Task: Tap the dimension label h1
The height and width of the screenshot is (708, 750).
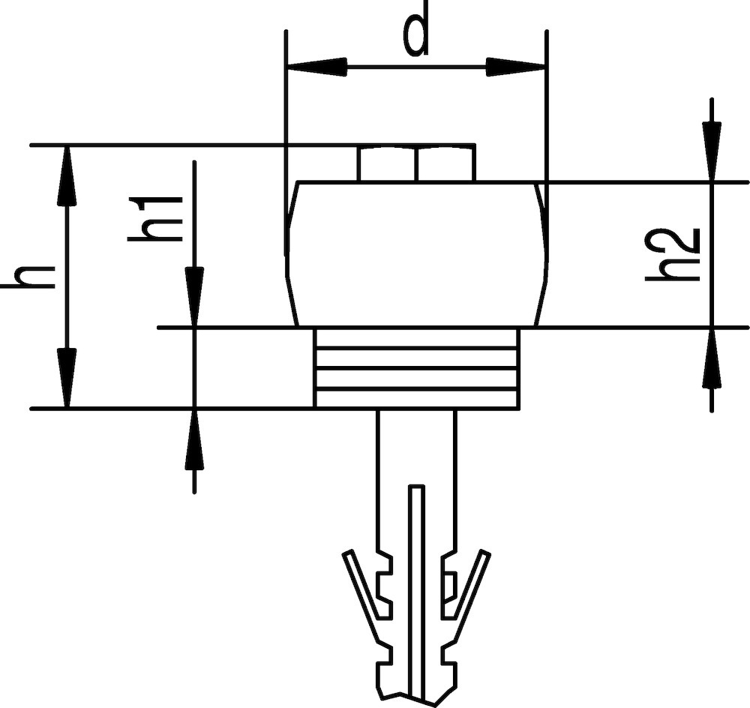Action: [x=155, y=218]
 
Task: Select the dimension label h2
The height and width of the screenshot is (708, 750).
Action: [x=673, y=254]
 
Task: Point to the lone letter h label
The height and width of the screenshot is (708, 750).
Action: [x=27, y=277]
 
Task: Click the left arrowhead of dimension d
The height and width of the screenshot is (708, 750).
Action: [x=316, y=67]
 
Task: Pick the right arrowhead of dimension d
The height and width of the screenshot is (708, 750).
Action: [x=516, y=67]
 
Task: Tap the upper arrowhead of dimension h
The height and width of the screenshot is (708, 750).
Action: [x=67, y=176]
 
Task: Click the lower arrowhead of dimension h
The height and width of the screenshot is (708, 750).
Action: [x=67, y=378]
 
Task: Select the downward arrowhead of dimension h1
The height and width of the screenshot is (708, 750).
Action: [x=194, y=297]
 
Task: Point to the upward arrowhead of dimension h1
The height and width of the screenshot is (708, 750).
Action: [x=194, y=439]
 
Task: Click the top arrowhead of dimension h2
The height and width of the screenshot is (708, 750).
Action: [x=712, y=151]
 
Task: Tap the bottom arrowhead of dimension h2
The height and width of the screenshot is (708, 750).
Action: [x=712, y=358]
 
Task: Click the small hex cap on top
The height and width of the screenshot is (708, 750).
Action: [x=416, y=163]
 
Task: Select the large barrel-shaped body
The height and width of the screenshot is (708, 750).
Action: [x=416, y=254]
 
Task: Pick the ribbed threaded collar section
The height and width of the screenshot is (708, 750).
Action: [x=416, y=368]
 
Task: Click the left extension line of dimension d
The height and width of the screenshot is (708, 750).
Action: [x=286, y=142]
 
